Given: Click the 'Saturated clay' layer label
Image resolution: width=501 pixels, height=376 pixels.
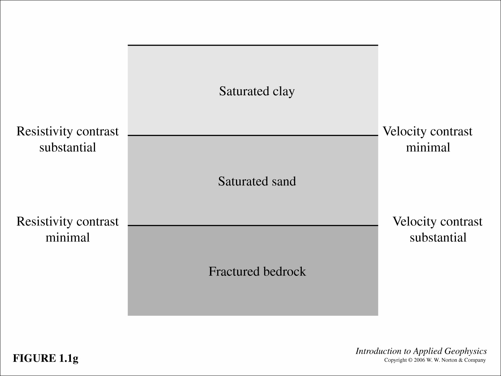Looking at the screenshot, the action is click(257, 91).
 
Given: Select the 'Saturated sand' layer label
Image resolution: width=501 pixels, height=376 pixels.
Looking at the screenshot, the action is click(257, 181).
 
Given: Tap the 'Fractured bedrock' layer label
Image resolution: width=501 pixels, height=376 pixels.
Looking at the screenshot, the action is click(257, 271).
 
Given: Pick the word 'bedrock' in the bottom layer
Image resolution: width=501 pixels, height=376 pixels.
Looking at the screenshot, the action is click(284, 271).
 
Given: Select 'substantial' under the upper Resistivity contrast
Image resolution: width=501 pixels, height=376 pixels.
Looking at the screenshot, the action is click(67, 147).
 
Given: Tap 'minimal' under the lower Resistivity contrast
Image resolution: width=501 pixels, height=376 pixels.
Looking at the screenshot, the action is click(67, 238).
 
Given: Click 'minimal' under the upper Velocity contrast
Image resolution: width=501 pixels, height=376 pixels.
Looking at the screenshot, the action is click(428, 147).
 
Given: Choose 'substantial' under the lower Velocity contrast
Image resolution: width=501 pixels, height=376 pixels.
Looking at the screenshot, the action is click(438, 238).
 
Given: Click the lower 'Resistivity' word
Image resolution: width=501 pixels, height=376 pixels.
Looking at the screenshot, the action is click(45, 222).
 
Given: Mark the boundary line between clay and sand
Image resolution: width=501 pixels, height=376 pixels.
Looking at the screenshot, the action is click(253, 135).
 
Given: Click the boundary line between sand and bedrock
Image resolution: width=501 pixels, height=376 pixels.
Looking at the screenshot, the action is click(253, 225).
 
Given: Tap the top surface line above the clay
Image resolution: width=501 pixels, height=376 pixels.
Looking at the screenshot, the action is click(253, 45).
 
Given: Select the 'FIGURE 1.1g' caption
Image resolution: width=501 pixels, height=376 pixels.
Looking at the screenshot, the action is click(46, 358).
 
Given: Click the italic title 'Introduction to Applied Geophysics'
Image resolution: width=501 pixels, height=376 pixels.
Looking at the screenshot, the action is click(421, 351).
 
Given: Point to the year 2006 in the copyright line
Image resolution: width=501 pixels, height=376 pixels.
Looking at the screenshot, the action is click(419, 360).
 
